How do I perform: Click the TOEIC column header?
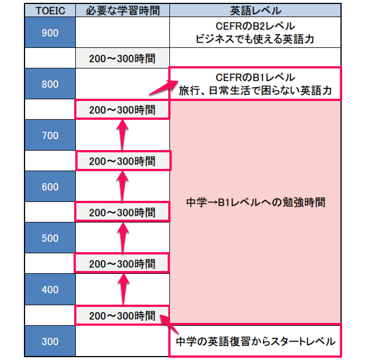(50, 10)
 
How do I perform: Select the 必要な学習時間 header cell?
(123, 10)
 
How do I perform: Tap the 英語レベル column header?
(255, 10)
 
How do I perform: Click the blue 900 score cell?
(50, 33)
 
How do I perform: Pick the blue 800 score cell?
(50, 84)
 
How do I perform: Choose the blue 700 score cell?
(50, 135)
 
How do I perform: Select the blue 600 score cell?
(50, 187)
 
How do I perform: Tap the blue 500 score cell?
(50, 238)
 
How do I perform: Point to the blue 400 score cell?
(50, 289)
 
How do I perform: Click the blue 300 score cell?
(50, 341)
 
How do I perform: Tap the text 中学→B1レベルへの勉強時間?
(255, 202)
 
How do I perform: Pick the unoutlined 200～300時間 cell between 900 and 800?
(123, 58)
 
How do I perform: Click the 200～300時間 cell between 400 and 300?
(123, 315)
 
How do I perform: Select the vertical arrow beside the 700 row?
(123, 135)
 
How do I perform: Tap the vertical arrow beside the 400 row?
(123, 289)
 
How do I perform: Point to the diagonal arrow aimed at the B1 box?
(164, 87)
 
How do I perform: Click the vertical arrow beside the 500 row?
(123, 238)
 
